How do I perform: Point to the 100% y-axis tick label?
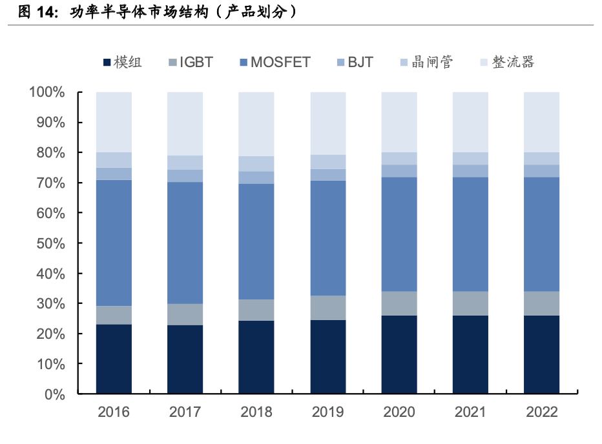(47, 92)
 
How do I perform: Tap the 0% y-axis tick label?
(54, 394)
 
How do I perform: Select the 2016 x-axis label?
(114, 412)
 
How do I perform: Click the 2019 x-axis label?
(327, 412)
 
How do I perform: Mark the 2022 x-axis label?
(541, 412)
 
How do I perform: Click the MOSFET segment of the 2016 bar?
(114, 243)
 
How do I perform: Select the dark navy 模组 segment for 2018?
(256, 357)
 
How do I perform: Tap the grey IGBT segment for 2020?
(399, 303)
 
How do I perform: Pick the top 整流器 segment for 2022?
(541, 122)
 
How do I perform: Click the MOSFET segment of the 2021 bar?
(470, 234)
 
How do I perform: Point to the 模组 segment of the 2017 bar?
(185, 359)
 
